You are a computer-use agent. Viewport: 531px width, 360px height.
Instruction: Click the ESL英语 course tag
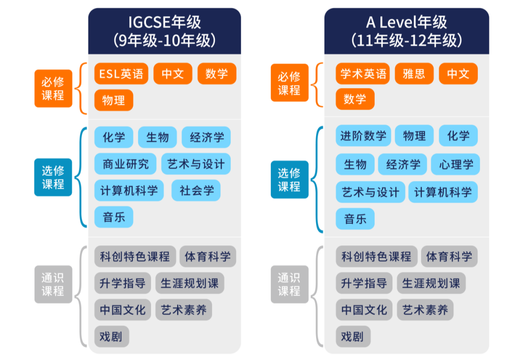[121, 74]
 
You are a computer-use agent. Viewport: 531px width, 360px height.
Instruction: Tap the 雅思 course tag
[414, 74]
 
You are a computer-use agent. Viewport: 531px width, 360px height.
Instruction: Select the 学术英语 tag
[363, 74]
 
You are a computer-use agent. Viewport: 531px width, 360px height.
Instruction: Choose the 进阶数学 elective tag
[363, 136]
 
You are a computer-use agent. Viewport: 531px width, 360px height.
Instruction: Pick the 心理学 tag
[455, 164]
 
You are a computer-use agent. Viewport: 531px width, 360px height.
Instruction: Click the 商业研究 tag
[125, 164]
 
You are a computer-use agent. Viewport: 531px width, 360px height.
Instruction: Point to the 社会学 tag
[196, 190]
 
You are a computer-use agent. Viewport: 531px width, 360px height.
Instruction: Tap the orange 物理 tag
[114, 100]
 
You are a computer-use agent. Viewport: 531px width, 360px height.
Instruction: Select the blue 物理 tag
[414, 136]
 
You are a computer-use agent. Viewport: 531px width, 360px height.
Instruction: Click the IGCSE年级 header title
[164, 23]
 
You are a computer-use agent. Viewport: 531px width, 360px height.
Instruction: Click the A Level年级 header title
[407, 23]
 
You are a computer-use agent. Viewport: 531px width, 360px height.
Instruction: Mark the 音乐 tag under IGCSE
[114, 217]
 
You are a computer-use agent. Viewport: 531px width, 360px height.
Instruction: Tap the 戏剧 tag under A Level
[353, 336]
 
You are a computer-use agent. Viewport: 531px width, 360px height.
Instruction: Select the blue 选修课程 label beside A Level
[289, 180]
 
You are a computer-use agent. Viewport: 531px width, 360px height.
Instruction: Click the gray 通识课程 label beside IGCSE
[53, 284]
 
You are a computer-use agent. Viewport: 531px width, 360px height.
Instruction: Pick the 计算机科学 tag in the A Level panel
[442, 192]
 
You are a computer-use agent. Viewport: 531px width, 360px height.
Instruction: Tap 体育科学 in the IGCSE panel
[207, 256]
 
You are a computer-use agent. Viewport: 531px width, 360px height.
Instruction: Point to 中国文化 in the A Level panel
[364, 310]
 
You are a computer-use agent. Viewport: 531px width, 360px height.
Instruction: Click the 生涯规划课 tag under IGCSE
[189, 283]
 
